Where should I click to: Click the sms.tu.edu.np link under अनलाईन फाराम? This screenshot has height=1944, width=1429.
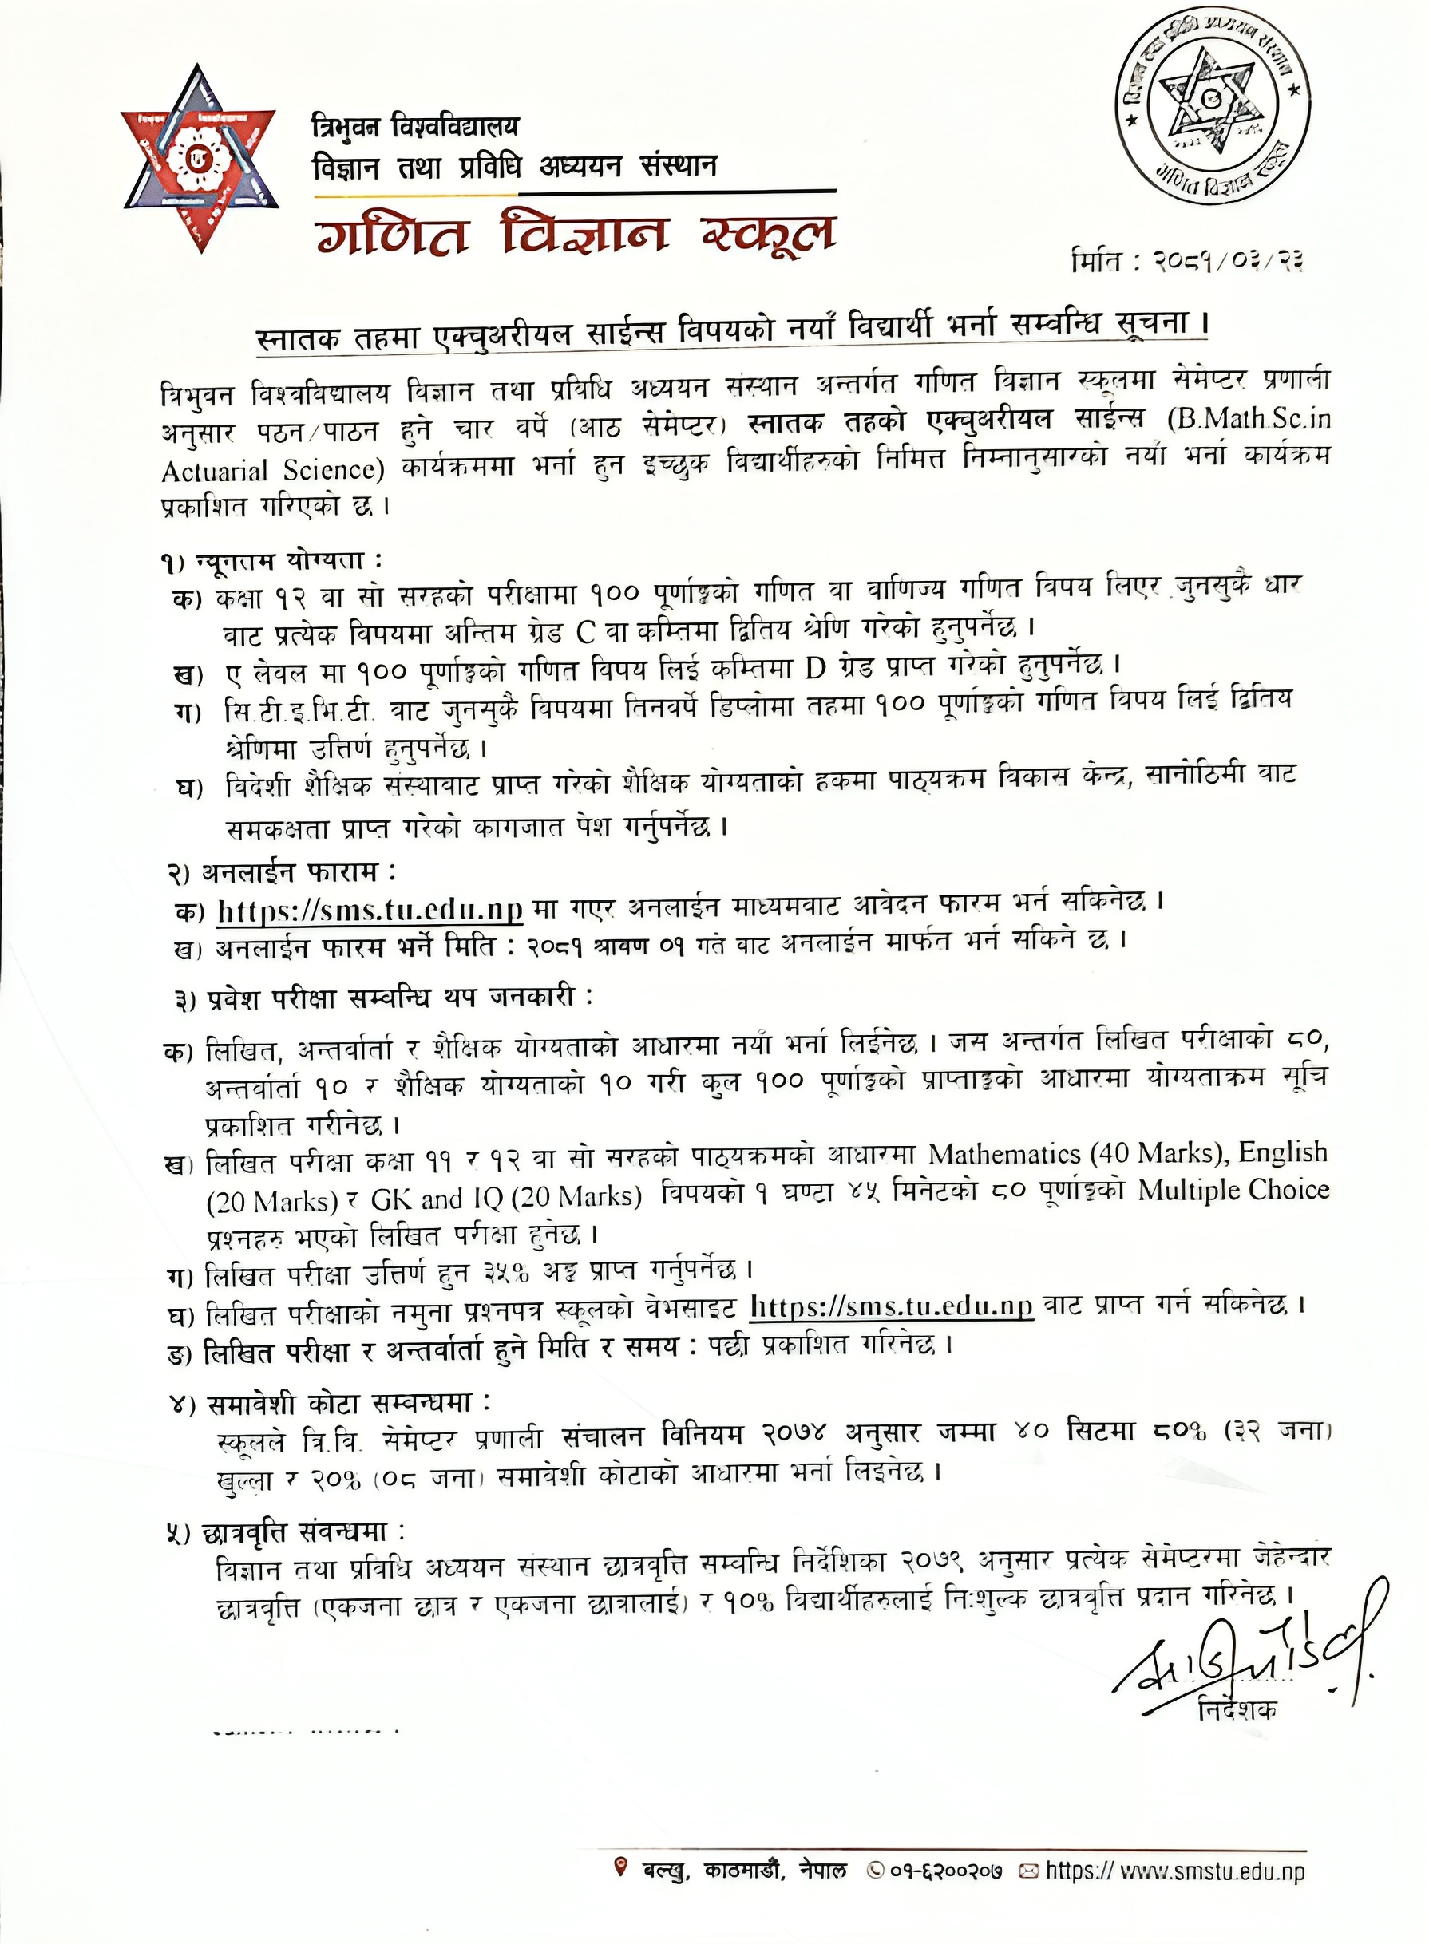[x=370, y=911]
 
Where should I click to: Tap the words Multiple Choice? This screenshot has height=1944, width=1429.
[x=1233, y=1191]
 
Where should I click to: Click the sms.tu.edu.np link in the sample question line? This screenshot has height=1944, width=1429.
[x=892, y=1306]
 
